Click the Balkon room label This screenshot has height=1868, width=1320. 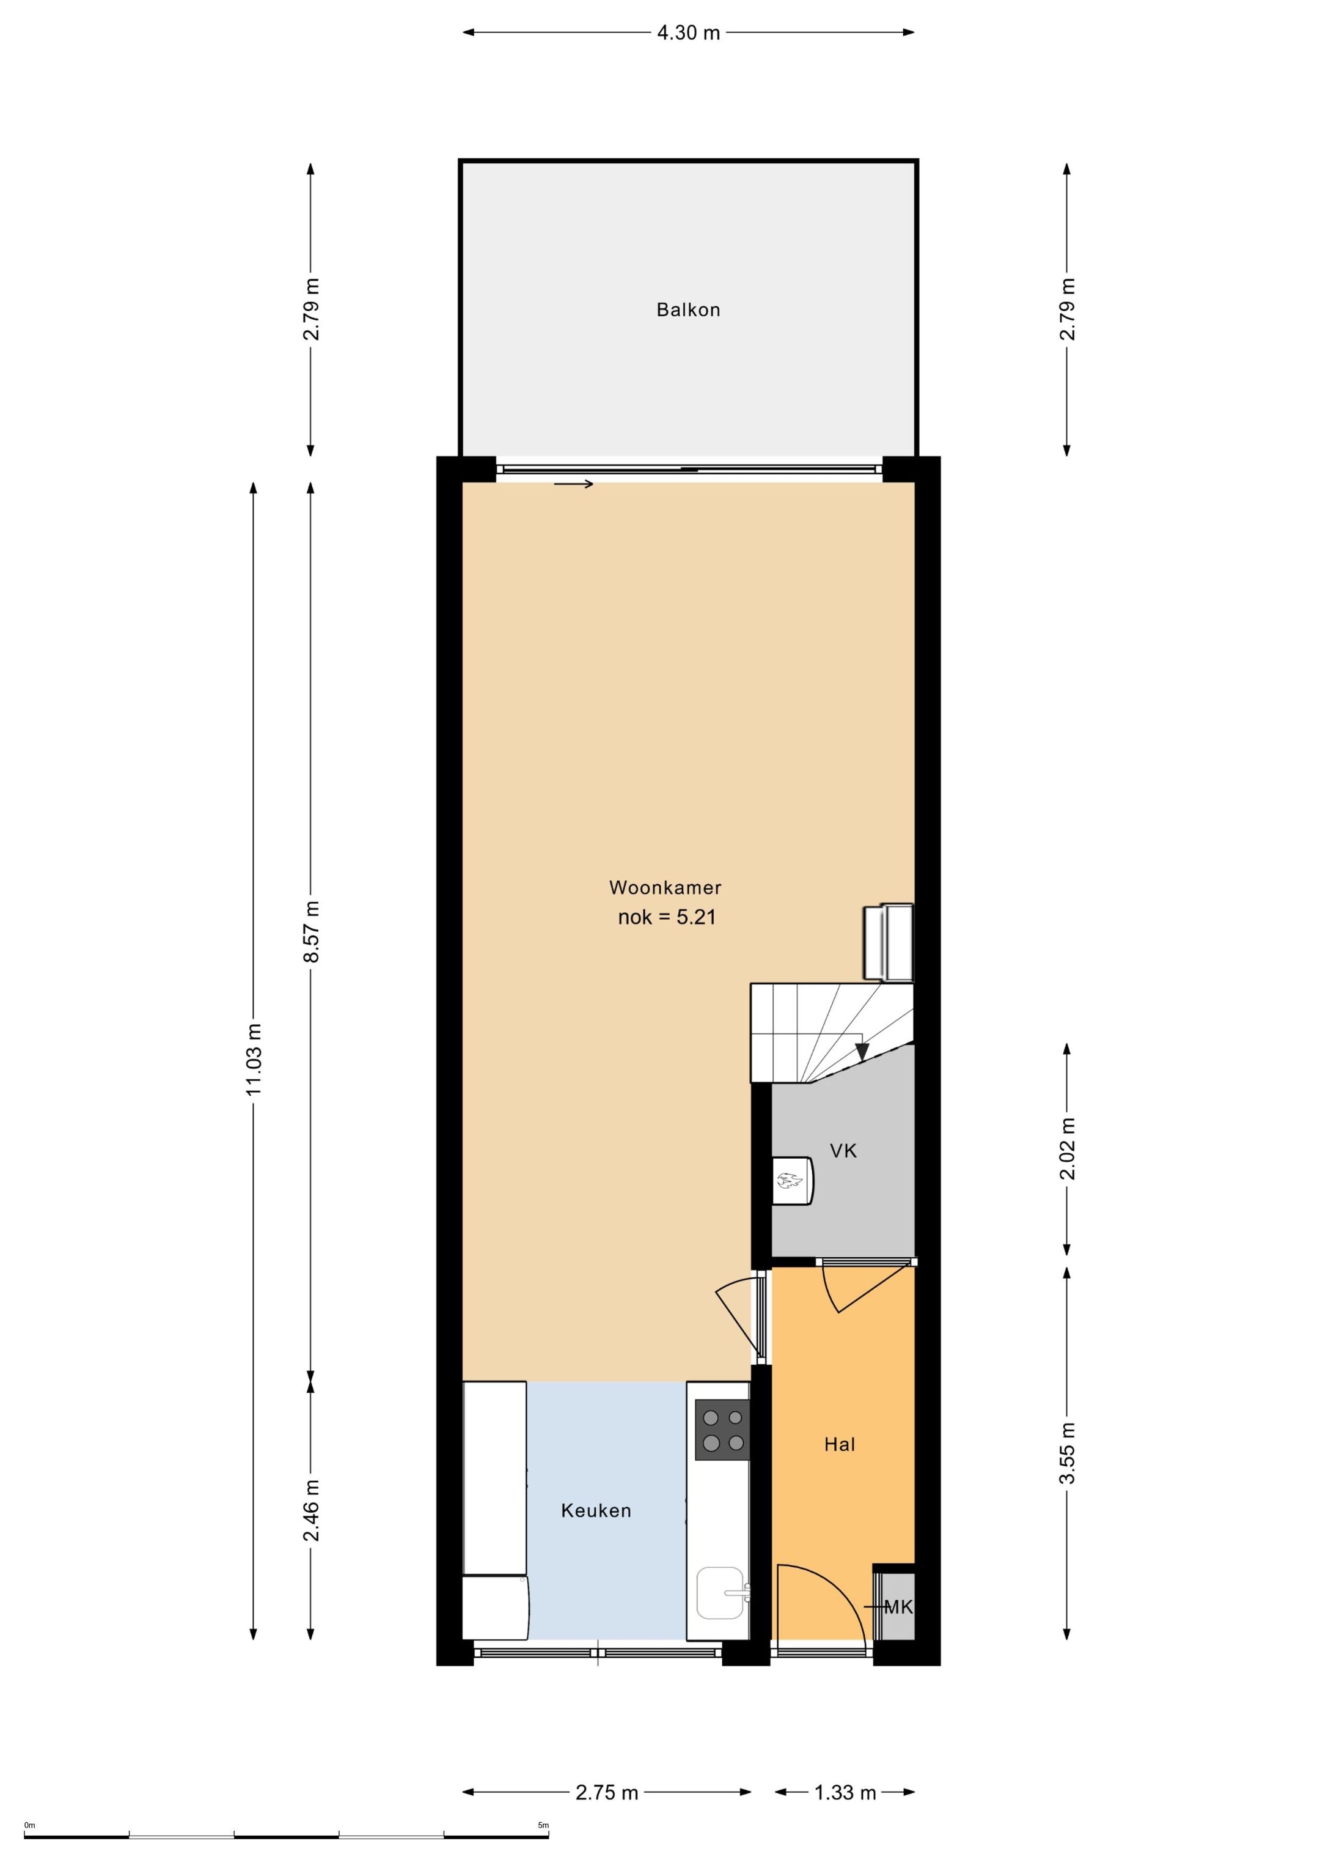pos(688,310)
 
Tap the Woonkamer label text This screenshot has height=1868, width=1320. pos(665,888)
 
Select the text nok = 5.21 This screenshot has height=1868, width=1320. pos(667,918)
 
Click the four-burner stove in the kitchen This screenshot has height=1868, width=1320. pos(722,1430)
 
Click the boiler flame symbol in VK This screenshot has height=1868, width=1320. pos(787,1181)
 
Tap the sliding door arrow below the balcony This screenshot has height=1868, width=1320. pos(574,485)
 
